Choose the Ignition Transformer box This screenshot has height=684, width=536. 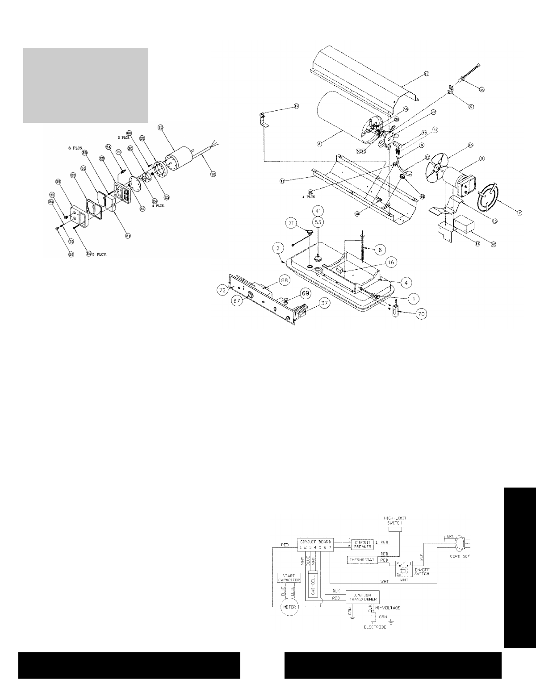coord(361,598)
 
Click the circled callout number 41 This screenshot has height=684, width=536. coord(318,210)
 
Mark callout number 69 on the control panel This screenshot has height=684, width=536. coord(305,293)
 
